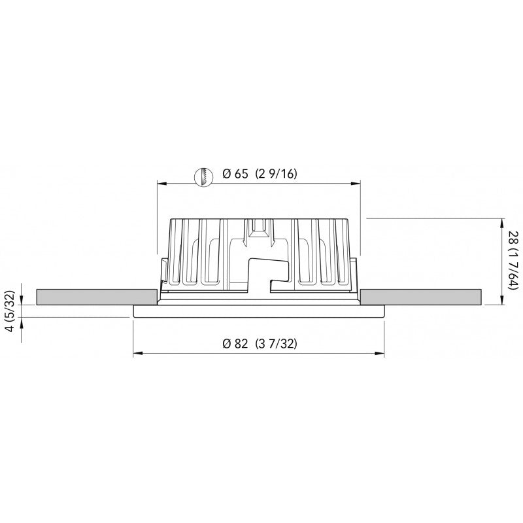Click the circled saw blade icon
pyautogui.click(x=205, y=175)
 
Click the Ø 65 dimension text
pyautogui.click(x=235, y=174)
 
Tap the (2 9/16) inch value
pyautogui.click(x=278, y=174)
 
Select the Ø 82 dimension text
pyautogui.click(x=235, y=345)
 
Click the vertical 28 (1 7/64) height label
pyautogui.click(x=513, y=261)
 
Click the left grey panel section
pyautogui.click(x=97, y=296)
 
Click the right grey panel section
pyautogui.click(x=422, y=296)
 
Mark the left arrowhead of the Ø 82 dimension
pyautogui.click(x=137, y=355)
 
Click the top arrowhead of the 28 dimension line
pyautogui.click(x=502, y=220)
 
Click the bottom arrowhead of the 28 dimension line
pyautogui.click(x=502, y=301)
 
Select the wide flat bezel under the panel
pyautogui.click(x=258, y=311)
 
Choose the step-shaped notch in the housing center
pyautogui.click(x=268, y=271)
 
